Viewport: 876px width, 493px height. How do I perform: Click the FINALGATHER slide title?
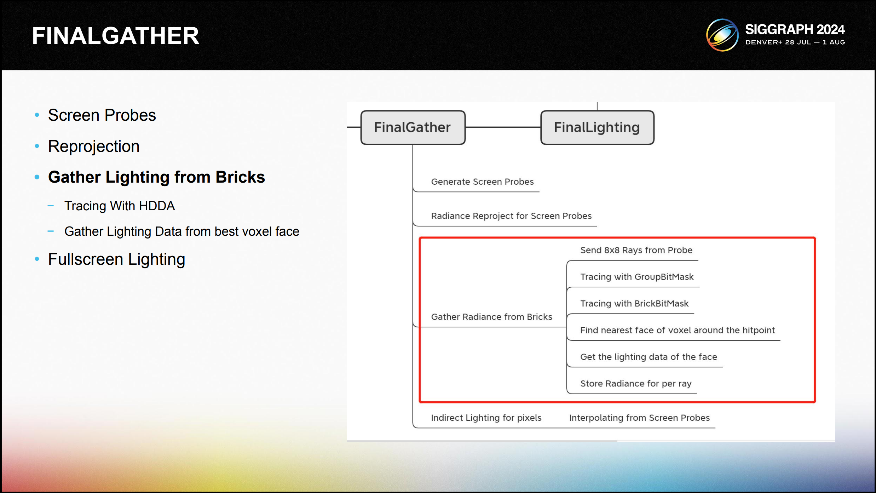coord(116,36)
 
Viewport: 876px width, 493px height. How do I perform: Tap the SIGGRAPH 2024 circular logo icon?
coord(722,35)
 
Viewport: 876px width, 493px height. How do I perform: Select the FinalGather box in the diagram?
coord(413,127)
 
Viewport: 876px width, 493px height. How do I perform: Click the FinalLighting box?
coord(597,127)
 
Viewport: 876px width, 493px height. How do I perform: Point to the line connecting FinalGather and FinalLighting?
coord(503,127)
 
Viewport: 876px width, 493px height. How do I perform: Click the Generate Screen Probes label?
coord(482,182)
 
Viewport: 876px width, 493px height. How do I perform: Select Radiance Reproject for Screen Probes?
coord(511,216)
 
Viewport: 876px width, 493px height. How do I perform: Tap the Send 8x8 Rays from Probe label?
coord(636,250)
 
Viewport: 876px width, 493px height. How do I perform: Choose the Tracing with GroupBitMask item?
coord(636,277)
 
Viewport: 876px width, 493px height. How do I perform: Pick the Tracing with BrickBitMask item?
coord(634,304)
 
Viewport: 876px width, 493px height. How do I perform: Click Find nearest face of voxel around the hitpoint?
coord(677,330)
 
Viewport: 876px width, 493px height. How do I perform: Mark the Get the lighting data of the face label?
coord(648,357)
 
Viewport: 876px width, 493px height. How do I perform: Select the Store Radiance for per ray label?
coord(635,384)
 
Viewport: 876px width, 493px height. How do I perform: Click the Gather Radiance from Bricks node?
coord(491,317)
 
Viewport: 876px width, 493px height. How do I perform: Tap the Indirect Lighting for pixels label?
coord(486,418)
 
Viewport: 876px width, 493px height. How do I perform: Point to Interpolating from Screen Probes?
coord(639,418)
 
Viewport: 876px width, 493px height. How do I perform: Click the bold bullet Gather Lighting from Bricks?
coord(156,177)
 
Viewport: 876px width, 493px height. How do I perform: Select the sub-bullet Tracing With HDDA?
coord(120,206)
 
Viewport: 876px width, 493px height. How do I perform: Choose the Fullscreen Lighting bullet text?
coord(116,259)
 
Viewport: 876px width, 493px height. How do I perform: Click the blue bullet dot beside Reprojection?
coord(37,146)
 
